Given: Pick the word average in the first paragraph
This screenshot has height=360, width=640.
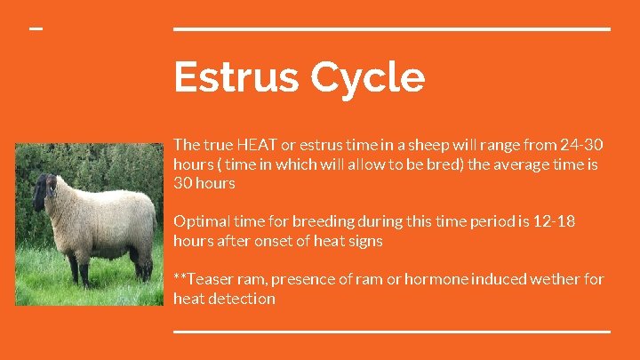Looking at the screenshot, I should [543, 164].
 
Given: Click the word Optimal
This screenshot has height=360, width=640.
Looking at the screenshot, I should [201, 221].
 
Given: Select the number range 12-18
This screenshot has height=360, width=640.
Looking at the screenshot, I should [554, 221].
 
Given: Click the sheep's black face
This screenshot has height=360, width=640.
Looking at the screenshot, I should [42, 190].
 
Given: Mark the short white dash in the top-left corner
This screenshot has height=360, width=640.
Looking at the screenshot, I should [36, 28].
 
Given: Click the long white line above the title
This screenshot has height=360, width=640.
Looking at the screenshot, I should [391, 28].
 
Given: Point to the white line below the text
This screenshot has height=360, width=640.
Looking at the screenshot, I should [391, 331].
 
